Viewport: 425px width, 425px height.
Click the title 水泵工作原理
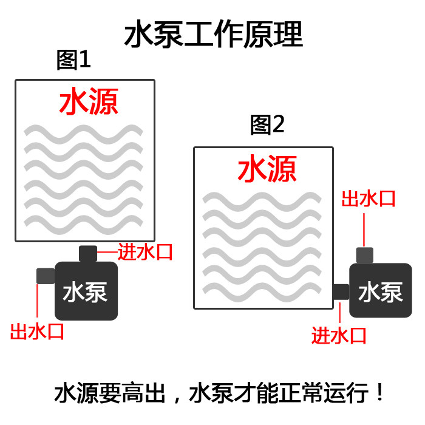(x=212, y=35)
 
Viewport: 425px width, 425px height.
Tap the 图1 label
(x=73, y=60)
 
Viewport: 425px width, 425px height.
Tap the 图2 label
(x=267, y=125)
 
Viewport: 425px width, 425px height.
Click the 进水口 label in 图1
(x=146, y=251)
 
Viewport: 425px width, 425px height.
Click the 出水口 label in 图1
(x=38, y=331)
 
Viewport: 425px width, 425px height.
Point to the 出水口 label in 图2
(x=369, y=198)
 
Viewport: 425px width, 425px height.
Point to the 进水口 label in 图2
(x=339, y=335)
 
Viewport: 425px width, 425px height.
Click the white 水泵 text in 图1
(x=86, y=292)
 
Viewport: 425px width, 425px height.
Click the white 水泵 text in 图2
(x=381, y=292)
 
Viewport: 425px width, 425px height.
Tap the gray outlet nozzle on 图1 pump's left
(x=46, y=276)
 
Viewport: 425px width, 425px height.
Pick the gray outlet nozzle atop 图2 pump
(x=364, y=255)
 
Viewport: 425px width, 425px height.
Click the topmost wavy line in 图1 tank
(x=83, y=132)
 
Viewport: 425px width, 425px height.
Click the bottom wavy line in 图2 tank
(x=262, y=285)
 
